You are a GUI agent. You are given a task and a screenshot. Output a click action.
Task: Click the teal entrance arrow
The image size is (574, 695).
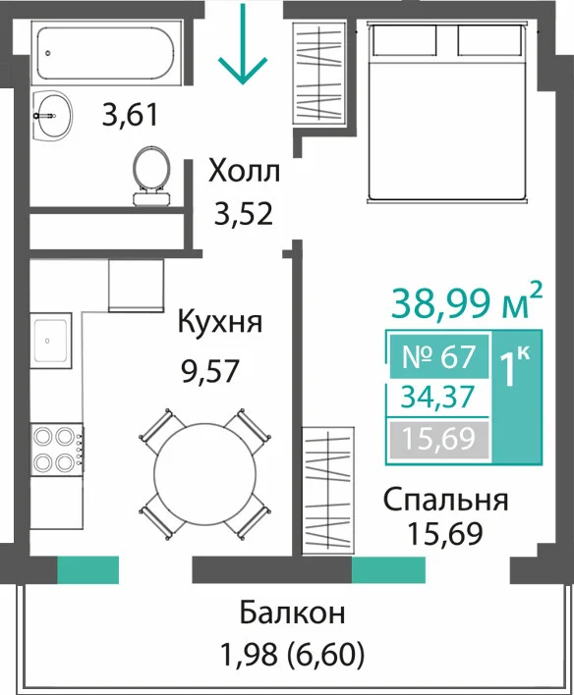pyautogui.click(x=243, y=43)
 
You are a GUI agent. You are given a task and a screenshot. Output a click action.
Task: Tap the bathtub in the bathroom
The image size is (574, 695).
pyautogui.click(x=106, y=53)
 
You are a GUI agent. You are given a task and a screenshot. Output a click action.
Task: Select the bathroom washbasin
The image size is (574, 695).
pyautogui.click(x=52, y=116)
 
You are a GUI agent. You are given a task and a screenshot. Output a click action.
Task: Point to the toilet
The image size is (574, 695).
pyautogui.click(x=151, y=176)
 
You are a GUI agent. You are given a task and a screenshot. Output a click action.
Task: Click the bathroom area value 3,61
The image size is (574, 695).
pyautogui.click(x=130, y=114)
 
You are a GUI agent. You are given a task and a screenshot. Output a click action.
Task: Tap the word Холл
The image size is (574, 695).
pyautogui.click(x=245, y=171)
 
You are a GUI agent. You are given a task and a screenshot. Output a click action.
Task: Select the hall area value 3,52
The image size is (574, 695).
pyautogui.click(x=243, y=213)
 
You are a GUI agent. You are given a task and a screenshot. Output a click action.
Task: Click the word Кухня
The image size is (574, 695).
pyautogui.click(x=220, y=322)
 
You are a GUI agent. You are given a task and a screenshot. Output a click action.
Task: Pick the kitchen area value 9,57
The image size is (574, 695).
pyautogui.click(x=210, y=370)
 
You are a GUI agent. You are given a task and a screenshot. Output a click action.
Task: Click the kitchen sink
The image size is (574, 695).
pyautogui.click(x=50, y=340)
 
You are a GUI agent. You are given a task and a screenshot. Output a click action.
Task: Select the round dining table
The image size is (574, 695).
pyautogui.click(x=205, y=474)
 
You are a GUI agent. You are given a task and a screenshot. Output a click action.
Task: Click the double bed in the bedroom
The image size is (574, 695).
pyautogui.click(x=447, y=113)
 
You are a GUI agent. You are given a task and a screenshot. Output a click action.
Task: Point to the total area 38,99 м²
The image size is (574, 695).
pyautogui.click(x=467, y=301)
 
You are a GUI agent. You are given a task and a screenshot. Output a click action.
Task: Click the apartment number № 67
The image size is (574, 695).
pyautogui.click(x=438, y=356)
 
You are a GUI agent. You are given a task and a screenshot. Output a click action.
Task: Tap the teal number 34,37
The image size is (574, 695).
pyautogui.click(x=437, y=398)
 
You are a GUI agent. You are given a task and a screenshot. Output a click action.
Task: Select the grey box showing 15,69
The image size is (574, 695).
pyautogui.click(x=439, y=439)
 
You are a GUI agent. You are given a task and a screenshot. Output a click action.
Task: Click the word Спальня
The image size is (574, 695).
pyautogui.click(x=445, y=501)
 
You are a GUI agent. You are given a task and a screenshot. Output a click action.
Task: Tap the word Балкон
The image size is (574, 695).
pyautogui.click(x=292, y=613)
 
